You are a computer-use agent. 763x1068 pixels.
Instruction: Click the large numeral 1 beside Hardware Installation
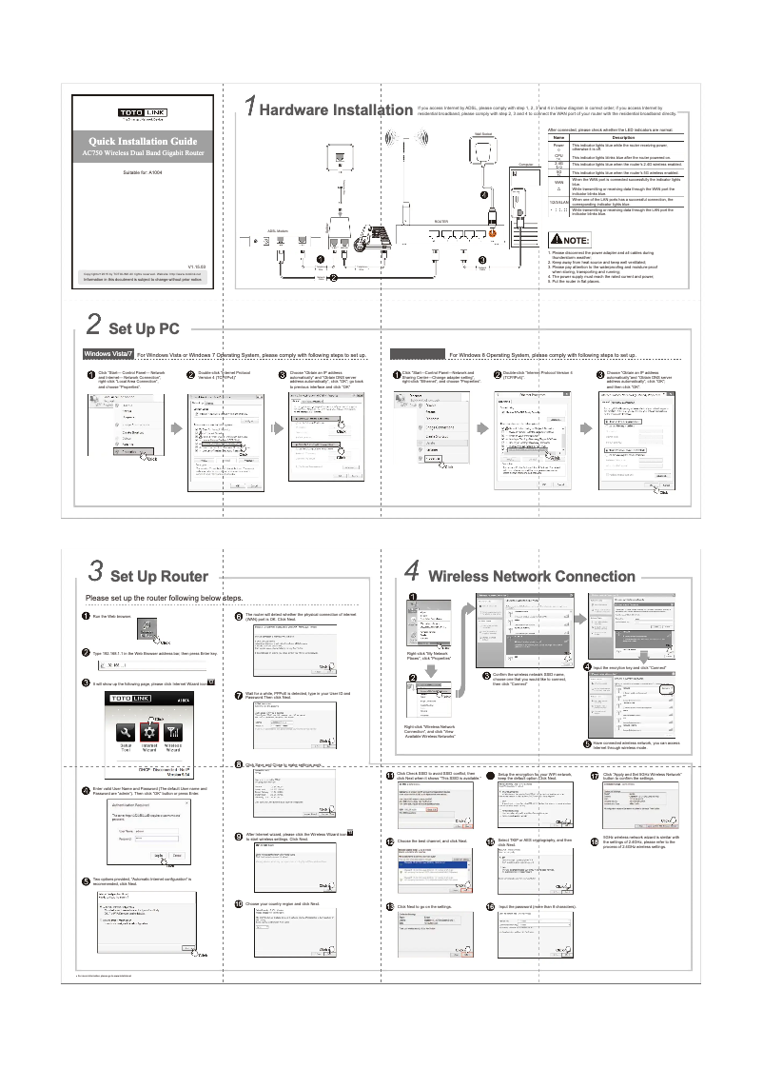tap(249, 108)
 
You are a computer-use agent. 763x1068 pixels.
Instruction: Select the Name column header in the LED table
tap(558, 137)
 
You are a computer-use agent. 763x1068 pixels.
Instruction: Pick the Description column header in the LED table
tap(624, 137)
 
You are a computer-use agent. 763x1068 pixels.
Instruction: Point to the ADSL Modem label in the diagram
tap(278, 229)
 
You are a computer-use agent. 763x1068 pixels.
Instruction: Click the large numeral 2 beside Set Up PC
tap(94, 326)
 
